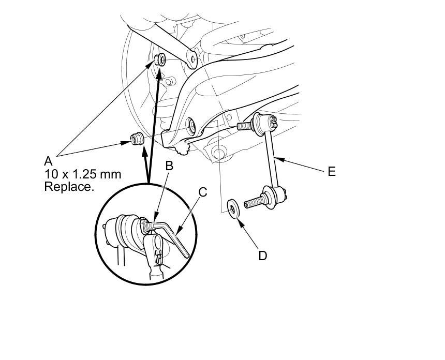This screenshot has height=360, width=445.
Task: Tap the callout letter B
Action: click(x=169, y=167)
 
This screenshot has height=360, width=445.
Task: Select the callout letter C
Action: click(x=202, y=192)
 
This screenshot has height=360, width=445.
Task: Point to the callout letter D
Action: click(x=263, y=256)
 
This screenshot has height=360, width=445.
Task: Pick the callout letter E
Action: click(x=332, y=171)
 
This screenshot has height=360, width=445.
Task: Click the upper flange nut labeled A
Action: click(x=159, y=60)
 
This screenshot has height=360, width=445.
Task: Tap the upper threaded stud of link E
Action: click(x=245, y=125)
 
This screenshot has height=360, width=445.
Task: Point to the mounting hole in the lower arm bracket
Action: click(x=190, y=125)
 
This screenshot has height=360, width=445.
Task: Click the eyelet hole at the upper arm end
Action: click(x=192, y=59)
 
